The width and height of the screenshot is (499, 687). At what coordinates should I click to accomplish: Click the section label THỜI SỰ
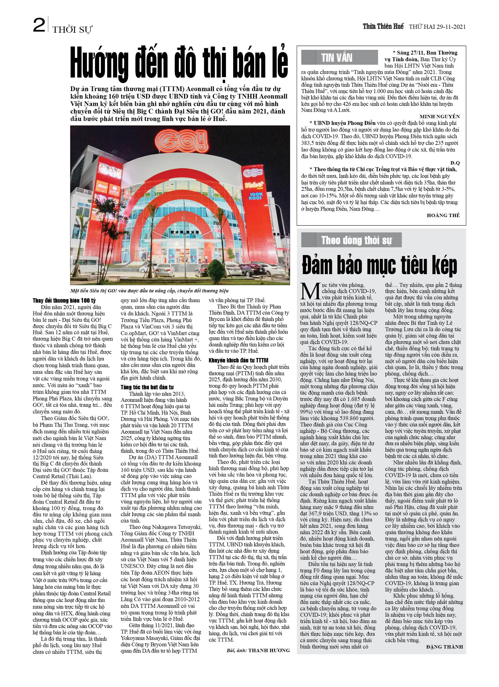point(72,29)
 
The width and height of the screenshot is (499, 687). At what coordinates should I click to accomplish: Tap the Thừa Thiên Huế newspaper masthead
point(383,26)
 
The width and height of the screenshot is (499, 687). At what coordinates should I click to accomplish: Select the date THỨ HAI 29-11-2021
point(437,27)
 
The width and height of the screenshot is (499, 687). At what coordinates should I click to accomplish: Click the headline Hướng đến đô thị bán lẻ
point(179,62)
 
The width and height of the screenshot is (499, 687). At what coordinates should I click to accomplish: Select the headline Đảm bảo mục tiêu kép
point(379,265)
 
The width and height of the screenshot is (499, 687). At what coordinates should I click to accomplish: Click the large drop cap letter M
point(310,291)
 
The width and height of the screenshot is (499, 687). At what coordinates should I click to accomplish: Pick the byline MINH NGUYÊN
point(439,117)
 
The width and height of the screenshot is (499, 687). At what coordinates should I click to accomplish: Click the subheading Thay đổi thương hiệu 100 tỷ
point(64,300)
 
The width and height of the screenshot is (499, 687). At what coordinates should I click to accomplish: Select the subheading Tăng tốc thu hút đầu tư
point(147,387)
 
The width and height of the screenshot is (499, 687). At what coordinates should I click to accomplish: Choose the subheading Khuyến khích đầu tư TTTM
point(238,360)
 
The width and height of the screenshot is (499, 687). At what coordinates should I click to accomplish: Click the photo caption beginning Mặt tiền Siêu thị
point(149,291)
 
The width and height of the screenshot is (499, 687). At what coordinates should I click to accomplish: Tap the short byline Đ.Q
point(455,163)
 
